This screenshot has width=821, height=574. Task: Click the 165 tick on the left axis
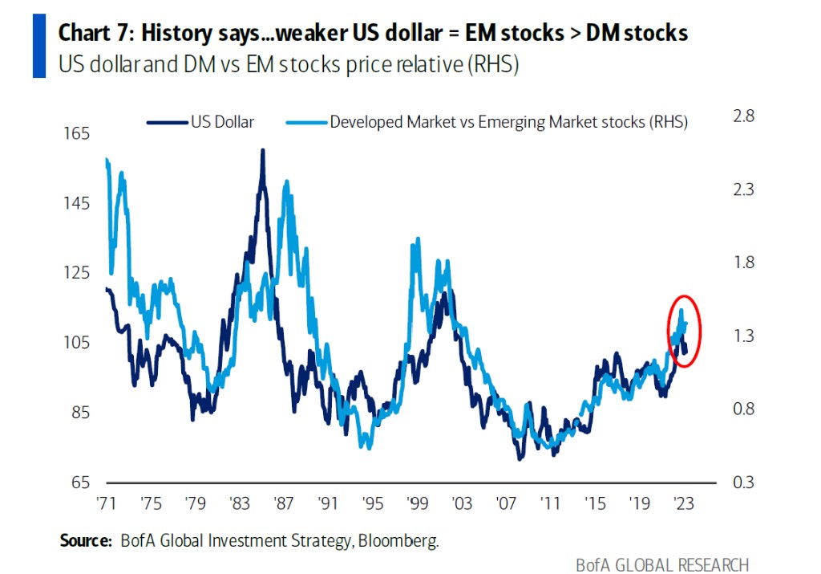[77, 133]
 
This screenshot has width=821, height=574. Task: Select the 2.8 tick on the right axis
[744, 116]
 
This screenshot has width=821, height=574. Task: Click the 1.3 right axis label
[744, 336]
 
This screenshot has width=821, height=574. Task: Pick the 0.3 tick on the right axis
[744, 482]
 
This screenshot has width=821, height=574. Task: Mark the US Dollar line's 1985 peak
[262, 150]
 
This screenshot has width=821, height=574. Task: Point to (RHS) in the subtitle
[494, 65]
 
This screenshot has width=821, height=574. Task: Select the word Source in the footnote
[85, 540]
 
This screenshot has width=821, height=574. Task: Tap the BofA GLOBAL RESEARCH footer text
[662, 564]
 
